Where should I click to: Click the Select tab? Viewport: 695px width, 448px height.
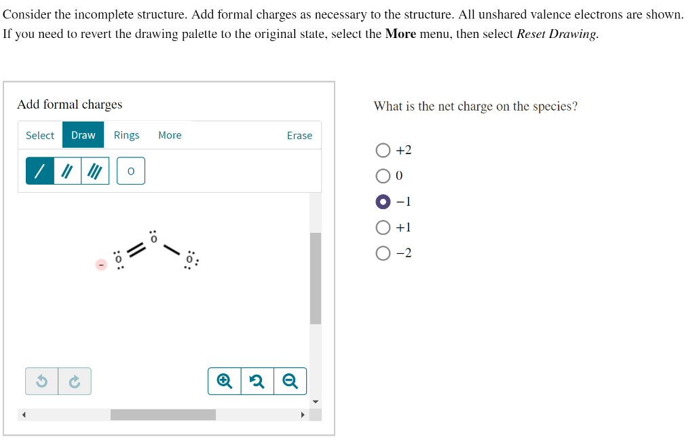pos(40,135)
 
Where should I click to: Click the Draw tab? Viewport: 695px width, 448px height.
pos(83,135)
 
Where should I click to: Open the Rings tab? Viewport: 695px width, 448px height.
pos(126,135)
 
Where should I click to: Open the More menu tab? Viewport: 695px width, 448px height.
pos(170,135)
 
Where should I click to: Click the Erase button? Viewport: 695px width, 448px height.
pos(299,136)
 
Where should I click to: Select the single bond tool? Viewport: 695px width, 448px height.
pos(40,171)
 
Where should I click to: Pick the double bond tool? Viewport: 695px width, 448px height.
pos(67,171)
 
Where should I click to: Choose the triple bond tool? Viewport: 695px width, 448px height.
pos(95,171)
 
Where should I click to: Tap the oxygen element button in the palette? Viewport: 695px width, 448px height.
pos(131,171)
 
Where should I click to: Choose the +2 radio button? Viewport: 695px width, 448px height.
pos(383,150)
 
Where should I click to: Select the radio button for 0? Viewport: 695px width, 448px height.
pos(383,176)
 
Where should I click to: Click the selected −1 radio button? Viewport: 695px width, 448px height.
pos(383,202)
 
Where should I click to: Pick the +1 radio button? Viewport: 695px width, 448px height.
pos(383,227)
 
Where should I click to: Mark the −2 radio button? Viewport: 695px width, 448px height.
pos(383,253)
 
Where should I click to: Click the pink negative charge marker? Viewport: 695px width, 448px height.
pos(101,264)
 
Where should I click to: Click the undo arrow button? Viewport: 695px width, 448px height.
pos(41,381)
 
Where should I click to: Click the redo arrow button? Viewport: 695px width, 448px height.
pos(75,381)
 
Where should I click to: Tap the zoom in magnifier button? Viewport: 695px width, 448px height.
pos(225,381)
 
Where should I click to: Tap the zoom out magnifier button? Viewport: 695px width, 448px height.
pos(290,381)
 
